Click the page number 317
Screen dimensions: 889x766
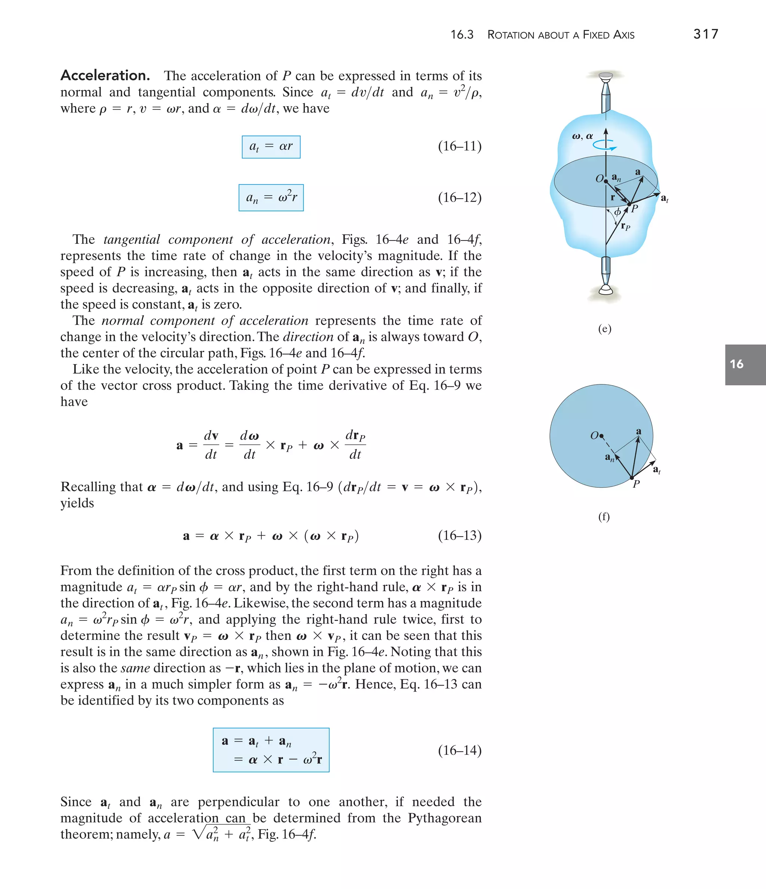pos(705,34)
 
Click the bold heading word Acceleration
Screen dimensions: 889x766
pos(105,76)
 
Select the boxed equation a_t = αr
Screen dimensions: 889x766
pos(271,147)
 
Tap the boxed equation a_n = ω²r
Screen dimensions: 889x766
pos(271,197)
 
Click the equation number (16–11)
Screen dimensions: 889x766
pos(460,146)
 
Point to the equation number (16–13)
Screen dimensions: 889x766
pos(460,536)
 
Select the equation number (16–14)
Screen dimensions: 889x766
pos(460,750)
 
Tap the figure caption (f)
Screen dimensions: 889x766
pos(604,516)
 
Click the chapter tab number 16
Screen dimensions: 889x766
pos(736,364)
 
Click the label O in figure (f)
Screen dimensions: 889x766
pos(594,436)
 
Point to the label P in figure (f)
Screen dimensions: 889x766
pos(637,484)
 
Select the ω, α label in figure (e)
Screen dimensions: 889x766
pos(582,137)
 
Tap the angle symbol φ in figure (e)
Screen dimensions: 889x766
pos(617,212)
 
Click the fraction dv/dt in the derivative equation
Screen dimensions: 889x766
pos(211,445)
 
